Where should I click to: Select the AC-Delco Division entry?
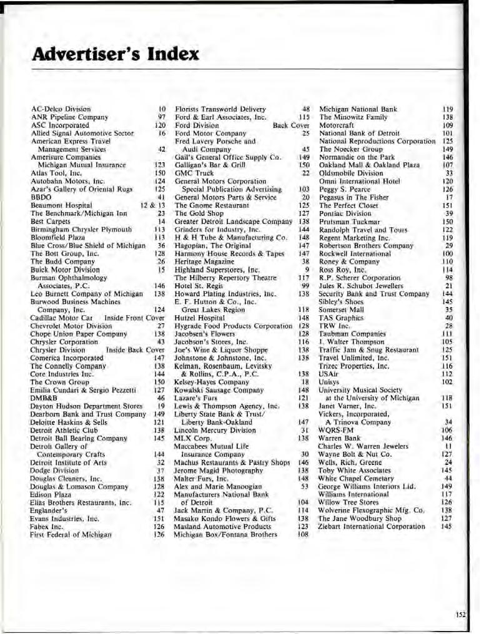pyautogui.click(x=61, y=109)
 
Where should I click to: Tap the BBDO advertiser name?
pyautogui.click(x=41, y=197)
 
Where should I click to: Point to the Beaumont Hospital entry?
pyautogui.click(x=61, y=205)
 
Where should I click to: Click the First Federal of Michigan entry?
pyautogui.click(x=71, y=535)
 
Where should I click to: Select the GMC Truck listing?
pyautogui.click(x=194, y=173)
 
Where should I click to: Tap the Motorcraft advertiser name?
pyautogui.click(x=337, y=125)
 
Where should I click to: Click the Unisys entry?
pyautogui.click(x=330, y=381)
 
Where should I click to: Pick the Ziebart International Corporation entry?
pyautogui.click(x=371, y=527)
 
